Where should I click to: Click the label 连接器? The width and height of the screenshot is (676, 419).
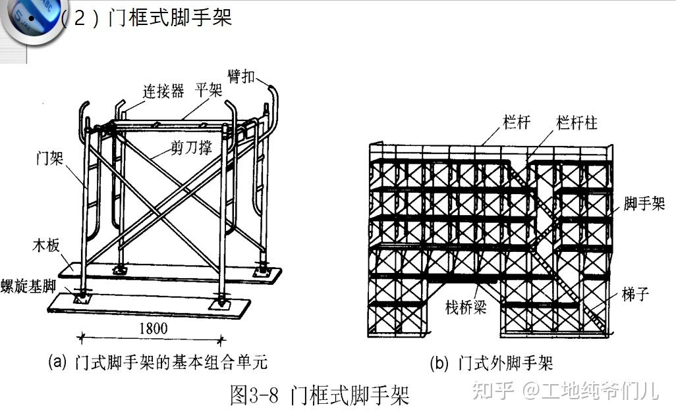click(164, 91)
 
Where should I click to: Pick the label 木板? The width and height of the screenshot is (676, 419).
click(45, 245)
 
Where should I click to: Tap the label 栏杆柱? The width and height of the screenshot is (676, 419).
click(577, 122)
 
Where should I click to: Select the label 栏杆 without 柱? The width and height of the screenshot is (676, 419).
click(515, 122)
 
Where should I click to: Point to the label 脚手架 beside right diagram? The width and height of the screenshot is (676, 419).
click(644, 203)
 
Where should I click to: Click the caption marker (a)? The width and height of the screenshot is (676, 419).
click(58, 362)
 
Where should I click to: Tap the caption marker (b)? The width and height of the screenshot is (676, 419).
click(439, 362)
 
